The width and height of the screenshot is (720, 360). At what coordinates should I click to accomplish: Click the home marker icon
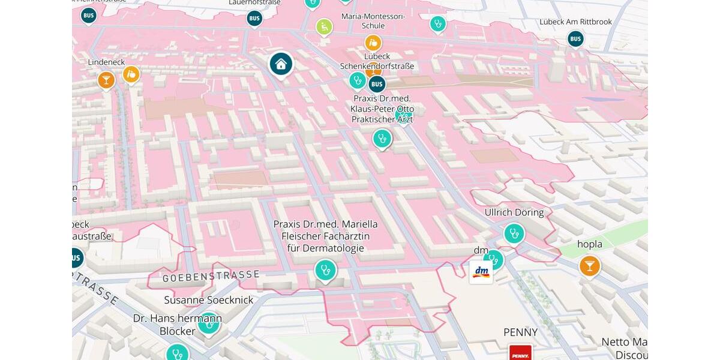tap(281, 64)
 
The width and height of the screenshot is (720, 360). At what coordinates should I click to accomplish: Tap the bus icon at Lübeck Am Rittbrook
tap(575, 39)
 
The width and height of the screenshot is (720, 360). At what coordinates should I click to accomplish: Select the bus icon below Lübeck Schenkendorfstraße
tap(377, 84)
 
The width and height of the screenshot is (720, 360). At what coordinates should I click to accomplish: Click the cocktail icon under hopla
tap(590, 266)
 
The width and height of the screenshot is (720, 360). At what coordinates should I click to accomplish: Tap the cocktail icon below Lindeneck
tap(106, 80)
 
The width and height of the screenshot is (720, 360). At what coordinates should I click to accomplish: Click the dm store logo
tap(481, 272)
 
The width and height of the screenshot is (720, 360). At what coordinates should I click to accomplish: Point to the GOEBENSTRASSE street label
tap(211, 276)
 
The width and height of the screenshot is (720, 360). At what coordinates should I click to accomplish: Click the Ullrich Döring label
tap(514, 212)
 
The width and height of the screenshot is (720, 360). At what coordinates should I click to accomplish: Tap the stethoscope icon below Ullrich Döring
tap(514, 233)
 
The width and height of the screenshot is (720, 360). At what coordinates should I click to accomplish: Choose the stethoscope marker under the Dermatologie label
tap(325, 270)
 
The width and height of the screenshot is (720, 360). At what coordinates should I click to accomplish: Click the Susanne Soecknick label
tap(209, 300)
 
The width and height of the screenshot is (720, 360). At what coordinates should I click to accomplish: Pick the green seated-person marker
tap(324, 26)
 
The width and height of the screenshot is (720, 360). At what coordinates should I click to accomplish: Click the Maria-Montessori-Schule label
tap(373, 21)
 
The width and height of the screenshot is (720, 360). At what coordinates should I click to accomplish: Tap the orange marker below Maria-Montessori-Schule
tap(373, 43)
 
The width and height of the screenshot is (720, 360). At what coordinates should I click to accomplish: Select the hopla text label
tap(589, 244)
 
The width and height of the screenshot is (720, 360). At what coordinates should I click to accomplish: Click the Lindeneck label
tap(106, 62)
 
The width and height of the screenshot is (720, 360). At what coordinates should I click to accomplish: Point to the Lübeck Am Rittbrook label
tap(575, 22)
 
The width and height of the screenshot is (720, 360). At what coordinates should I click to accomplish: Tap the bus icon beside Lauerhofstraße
tap(254, 19)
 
